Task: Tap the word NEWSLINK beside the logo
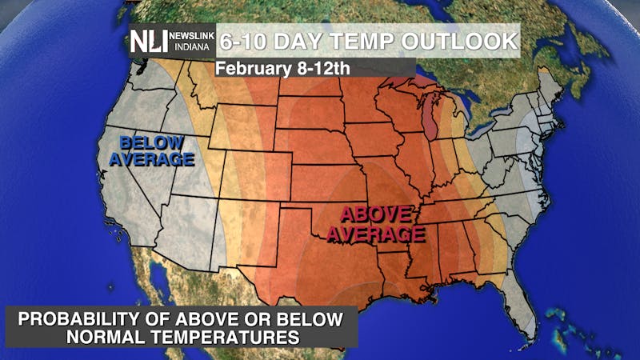coord(190,36)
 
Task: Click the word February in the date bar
coord(250,68)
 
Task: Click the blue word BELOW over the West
coord(150,143)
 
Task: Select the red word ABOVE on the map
coord(376,214)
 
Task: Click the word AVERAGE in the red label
coord(380,234)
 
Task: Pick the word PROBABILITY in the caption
coord(88,318)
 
